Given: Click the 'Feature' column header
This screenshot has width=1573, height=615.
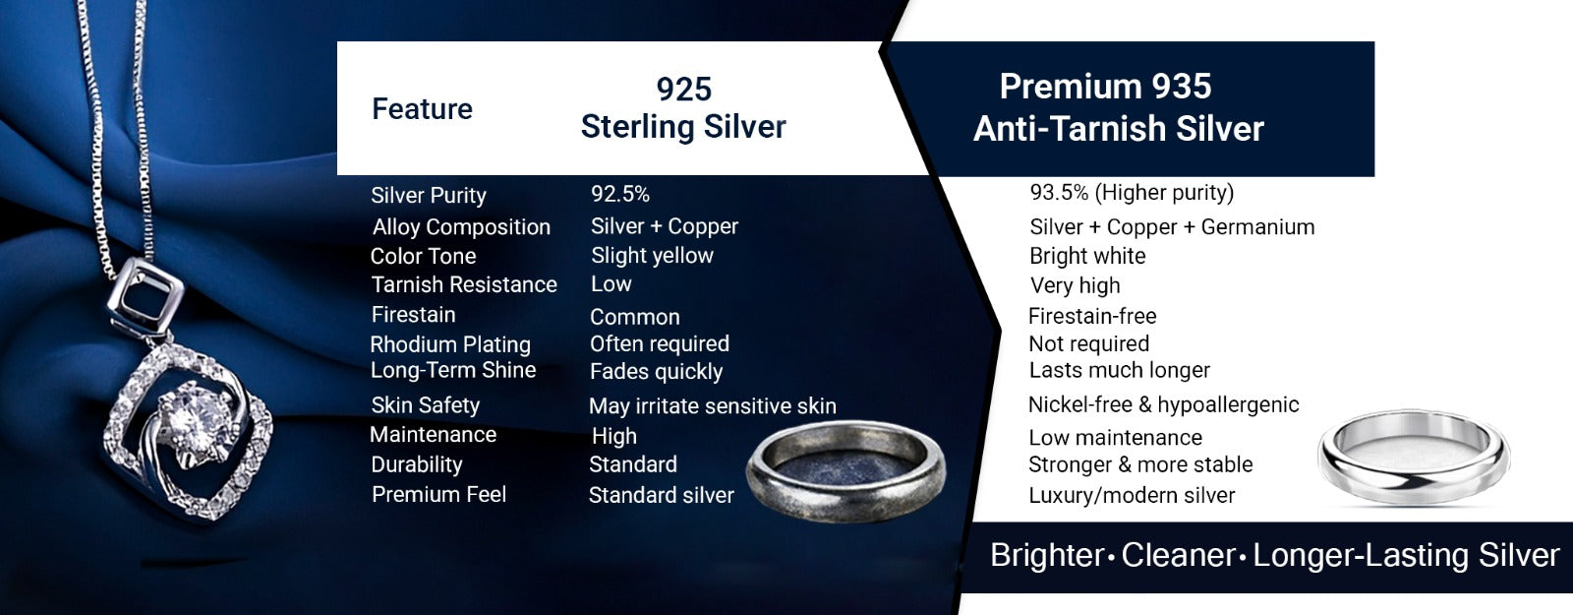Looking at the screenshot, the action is point(422,109).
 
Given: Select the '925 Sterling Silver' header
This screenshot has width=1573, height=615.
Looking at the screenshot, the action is point(683,107).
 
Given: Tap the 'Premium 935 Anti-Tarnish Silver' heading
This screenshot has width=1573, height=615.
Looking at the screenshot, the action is point(1119,107).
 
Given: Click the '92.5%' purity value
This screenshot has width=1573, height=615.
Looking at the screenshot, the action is point(620,194).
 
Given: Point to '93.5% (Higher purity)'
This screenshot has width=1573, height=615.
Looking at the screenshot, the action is point(1132,193).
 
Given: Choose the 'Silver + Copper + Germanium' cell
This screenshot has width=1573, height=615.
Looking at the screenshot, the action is point(1172,227).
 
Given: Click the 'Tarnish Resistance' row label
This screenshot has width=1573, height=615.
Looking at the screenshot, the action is point(463,284).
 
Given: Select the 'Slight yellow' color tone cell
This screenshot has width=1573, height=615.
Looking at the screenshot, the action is point(652,256).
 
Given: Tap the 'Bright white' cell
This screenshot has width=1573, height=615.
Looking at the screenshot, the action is point(1087,257).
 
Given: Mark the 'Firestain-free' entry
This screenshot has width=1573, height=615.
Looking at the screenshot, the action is point(1092,316).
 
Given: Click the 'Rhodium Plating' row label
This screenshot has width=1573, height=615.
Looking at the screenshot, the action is point(450,344).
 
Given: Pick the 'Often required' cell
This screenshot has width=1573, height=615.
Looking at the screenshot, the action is point(660,343).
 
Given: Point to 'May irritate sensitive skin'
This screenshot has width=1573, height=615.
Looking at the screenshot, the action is point(712,406).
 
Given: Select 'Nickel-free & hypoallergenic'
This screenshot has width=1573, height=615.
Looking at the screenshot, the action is point(1164,404).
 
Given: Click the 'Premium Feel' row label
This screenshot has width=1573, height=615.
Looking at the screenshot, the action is point(438,495).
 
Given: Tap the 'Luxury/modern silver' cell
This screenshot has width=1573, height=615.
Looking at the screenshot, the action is point(1132,496).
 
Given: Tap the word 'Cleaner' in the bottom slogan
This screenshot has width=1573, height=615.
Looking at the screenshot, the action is point(1178,555).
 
